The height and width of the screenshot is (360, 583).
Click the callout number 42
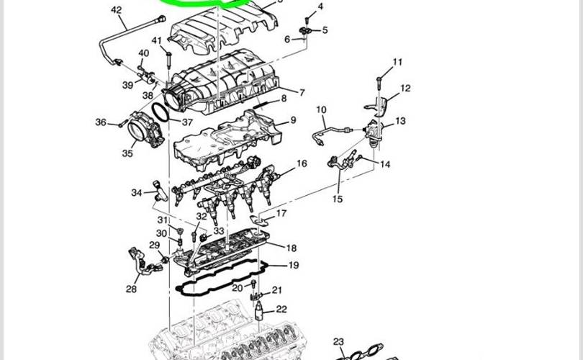[117, 10]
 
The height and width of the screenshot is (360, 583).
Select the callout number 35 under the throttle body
[127, 153]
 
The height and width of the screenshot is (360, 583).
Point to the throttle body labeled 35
[145, 129]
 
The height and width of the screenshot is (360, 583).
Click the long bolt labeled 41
[169, 60]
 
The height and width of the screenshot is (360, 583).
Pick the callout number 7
[302, 92]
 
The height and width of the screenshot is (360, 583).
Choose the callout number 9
[294, 120]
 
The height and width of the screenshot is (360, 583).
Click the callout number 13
[400, 121]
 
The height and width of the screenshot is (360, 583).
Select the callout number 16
[302, 163]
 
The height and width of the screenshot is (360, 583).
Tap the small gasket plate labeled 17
[259, 220]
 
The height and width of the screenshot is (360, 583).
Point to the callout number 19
[294, 265]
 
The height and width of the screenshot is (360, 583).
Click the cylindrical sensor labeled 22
[259, 311]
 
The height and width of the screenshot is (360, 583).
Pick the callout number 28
[131, 289]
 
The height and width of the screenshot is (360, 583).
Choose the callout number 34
[137, 193]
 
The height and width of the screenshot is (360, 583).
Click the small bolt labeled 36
[121, 125]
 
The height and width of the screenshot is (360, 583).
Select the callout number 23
[338, 342]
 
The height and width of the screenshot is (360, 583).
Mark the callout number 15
[338, 199]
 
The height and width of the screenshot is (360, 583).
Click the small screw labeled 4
[307, 20]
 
